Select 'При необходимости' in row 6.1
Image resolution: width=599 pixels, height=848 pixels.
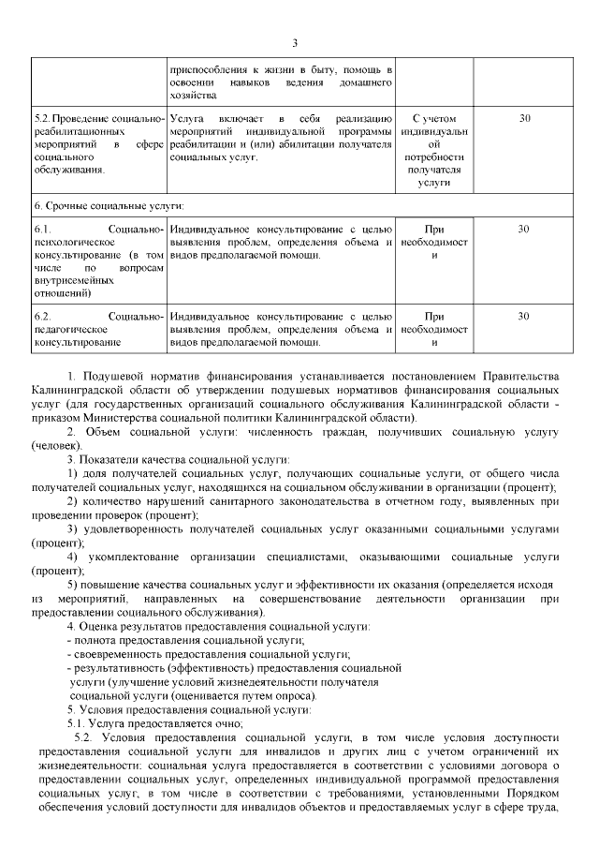433,241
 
